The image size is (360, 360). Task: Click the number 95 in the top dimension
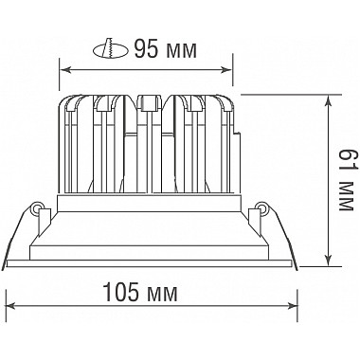click(146, 49)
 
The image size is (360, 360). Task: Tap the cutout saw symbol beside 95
click(111, 49)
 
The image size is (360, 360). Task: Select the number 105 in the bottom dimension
click(121, 292)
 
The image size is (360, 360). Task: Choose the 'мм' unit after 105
click(162, 295)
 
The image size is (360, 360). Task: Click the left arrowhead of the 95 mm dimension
click(64, 70)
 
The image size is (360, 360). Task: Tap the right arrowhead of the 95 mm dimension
click(226, 70)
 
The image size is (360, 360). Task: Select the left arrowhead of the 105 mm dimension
click(11, 305)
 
